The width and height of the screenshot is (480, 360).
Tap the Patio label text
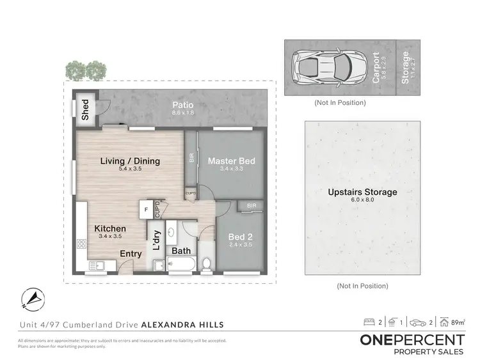(x=183, y=105)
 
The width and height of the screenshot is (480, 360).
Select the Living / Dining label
(x=131, y=161)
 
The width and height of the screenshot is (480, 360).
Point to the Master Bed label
(x=231, y=161)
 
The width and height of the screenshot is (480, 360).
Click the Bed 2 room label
(x=240, y=237)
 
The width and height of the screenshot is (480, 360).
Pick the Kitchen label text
(x=110, y=228)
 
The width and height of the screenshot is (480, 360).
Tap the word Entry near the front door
(x=131, y=254)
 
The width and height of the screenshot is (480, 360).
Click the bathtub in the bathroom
(x=182, y=263)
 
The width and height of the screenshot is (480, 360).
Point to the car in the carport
(x=326, y=66)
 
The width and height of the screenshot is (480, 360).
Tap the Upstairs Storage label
(x=362, y=192)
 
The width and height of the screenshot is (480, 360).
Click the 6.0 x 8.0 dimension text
(x=362, y=201)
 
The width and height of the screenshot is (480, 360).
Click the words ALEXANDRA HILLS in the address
(x=182, y=325)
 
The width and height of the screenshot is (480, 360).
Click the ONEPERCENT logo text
(x=412, y=340)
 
